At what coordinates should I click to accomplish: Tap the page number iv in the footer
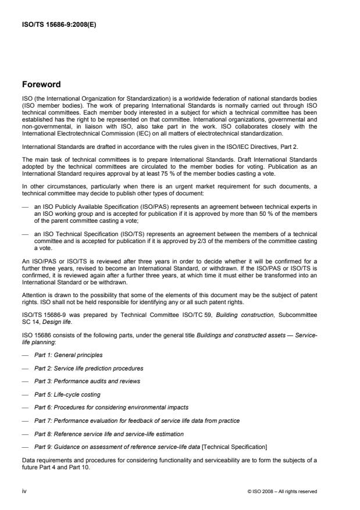(x=25, y=491)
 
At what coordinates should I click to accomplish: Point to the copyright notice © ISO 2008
(x=282, y=491)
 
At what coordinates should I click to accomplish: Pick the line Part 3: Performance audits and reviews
(x=87, y=381)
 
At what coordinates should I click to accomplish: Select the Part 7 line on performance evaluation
(x=137, y=420)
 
